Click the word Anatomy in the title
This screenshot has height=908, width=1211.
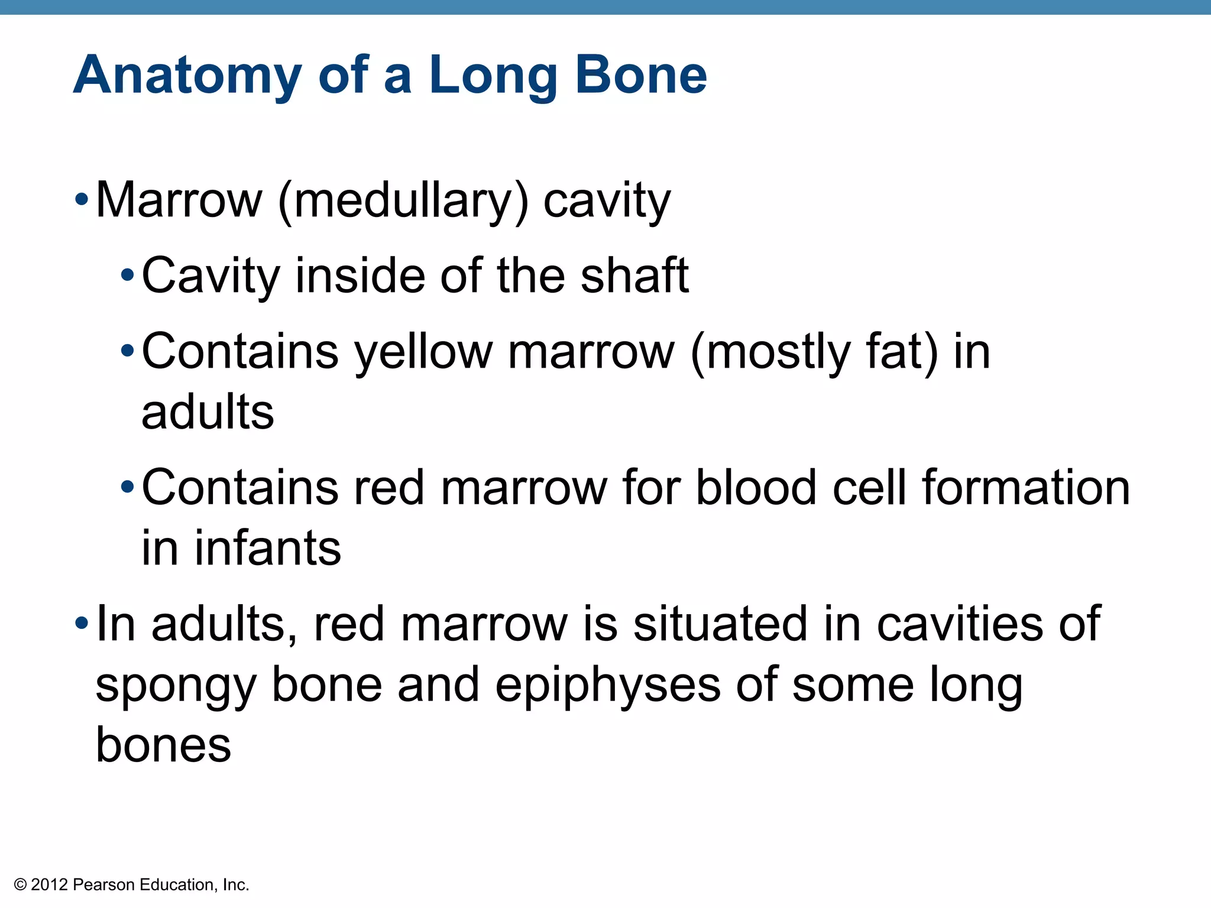point(187,76)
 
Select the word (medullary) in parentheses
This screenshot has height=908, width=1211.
point(403,201)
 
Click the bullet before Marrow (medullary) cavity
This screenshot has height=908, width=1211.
point(82,200)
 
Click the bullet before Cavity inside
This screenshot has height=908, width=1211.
point(127,275)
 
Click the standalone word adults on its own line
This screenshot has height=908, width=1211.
point(208,412)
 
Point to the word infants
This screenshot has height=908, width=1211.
point(268,548)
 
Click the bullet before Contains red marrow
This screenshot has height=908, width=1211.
point(127,488)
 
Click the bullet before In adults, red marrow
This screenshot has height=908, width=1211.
point(82,623)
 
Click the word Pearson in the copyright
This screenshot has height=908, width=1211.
point(103,885)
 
